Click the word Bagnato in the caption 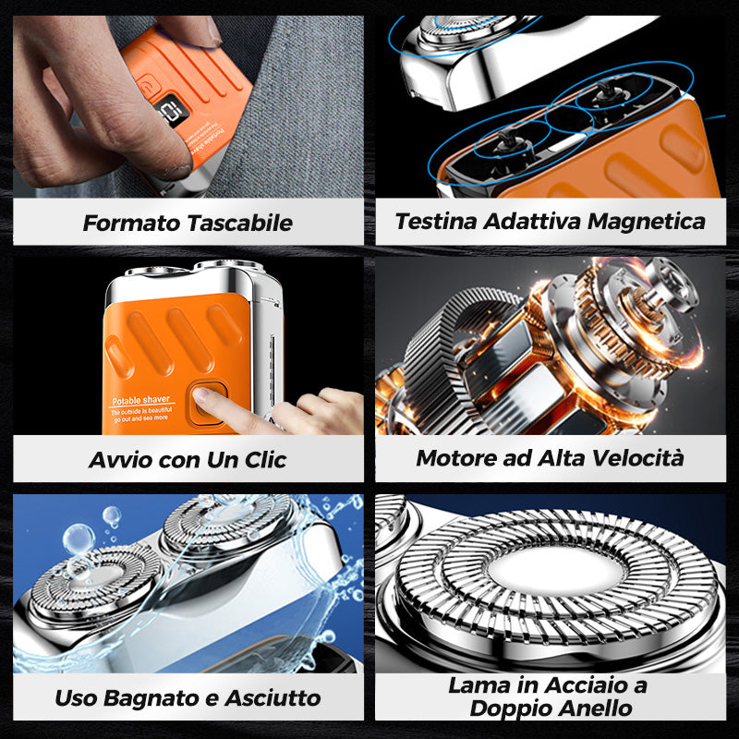click(x=144, y=697)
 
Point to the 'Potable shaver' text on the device click(x=140, y=400)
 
